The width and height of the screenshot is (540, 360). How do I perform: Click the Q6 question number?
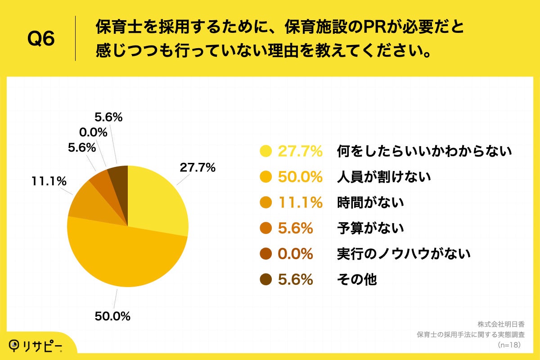tap(41, 39)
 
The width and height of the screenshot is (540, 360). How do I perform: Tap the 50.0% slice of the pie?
tap(126, 256)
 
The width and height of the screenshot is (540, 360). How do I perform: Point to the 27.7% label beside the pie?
tap(198, 168)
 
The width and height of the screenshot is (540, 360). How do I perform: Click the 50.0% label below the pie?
tap(112, 316)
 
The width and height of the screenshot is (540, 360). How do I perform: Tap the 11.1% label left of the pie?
tap(49, 181)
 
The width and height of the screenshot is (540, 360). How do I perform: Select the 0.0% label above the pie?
tap(93, 132)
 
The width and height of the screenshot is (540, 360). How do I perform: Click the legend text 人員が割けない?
tap(384, 177)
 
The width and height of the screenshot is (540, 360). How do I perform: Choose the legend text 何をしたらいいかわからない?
tap(424, 151)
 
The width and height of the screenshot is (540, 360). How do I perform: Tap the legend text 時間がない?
tap(370, 202)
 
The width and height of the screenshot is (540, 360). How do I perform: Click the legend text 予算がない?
tap(370, 228)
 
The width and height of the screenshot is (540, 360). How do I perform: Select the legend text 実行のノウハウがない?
tap(404, 254)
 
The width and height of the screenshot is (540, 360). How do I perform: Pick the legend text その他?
tap(357, 279)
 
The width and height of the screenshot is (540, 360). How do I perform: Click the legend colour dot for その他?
tap(266, 279)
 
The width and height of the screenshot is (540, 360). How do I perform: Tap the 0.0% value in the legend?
tap(295, 254)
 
